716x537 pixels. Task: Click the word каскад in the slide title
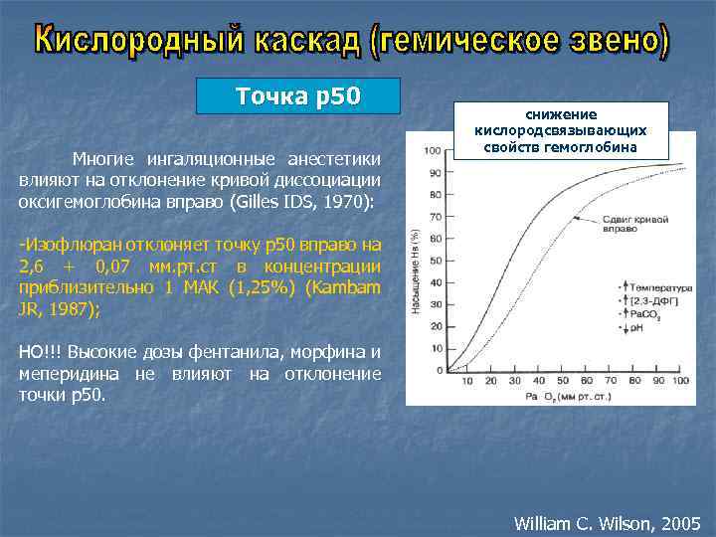(x=304, y=41)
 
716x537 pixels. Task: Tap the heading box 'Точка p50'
(x=298, y=96)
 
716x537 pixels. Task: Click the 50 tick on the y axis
(x=436, y=261)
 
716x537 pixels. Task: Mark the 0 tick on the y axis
(x=439, y=370)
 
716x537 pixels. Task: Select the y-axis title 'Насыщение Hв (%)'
(x=415, y=271)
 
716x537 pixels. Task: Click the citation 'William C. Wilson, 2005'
(x=607, y=522)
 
